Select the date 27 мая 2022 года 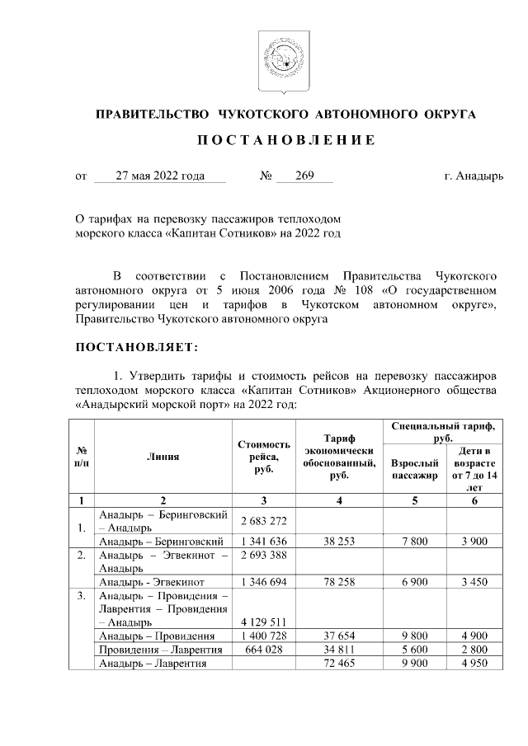coord(160,176)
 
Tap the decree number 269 coord(304,176)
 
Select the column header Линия coord(163,456)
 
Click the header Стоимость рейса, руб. coord(264,456)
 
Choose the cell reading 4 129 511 coord(264,622)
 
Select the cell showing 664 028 coord(264,649)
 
